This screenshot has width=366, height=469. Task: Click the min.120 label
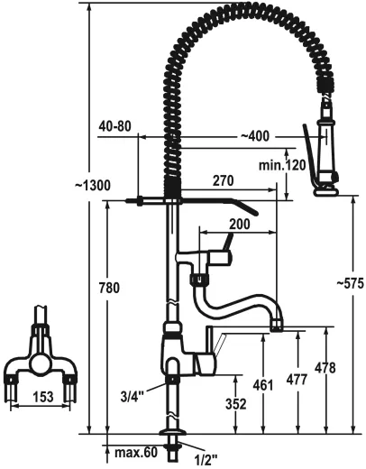pyautogui.click(x=282, y=165)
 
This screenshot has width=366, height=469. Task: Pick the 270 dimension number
pyautogui.click(x=223, y=180)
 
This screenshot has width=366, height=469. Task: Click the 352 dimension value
pyautogui.click(x=235, y=405)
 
